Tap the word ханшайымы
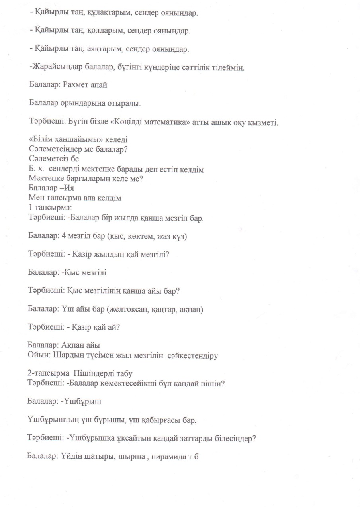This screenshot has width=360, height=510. [x=73, y=141]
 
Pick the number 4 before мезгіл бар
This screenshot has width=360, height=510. [x=64, y=236]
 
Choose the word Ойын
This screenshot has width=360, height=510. [x=37, y=355]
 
